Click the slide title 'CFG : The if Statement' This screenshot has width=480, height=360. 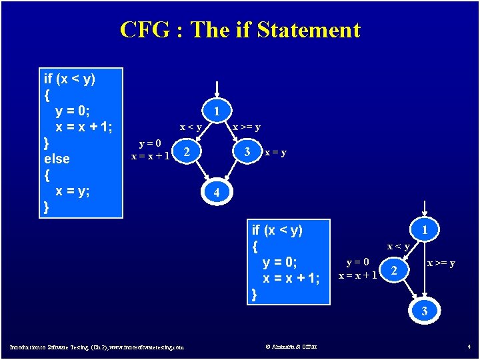click(240, 30)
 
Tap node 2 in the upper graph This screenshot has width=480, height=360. click(187, 153)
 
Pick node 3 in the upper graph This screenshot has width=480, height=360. click(247, 153)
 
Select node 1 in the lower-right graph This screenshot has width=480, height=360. click(425, 230)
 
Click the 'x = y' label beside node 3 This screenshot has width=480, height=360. click(275, 153)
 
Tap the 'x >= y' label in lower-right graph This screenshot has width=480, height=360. click(441, 263)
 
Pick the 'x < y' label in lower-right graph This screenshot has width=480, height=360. click(399, 247)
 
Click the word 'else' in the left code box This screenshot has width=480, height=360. click(56, 159)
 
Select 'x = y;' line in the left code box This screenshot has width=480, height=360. click(73, 191)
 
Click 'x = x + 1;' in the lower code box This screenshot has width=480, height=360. click(291, 278)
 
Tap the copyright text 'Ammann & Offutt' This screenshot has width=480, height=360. click(291, 346)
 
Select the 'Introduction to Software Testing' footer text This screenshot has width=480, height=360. click(97, 347)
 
